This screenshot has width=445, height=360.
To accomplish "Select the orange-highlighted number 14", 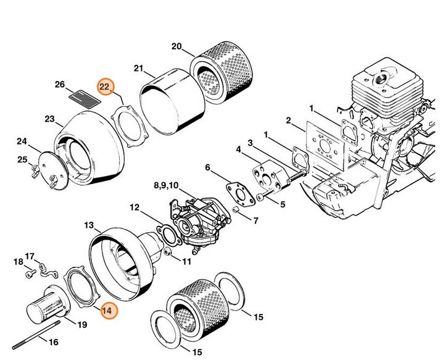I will coord(107,311).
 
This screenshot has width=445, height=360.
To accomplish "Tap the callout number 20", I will coord(177,47).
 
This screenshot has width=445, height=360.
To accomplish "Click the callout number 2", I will coord(288,121).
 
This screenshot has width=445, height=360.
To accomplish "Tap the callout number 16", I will coord(53,341).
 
